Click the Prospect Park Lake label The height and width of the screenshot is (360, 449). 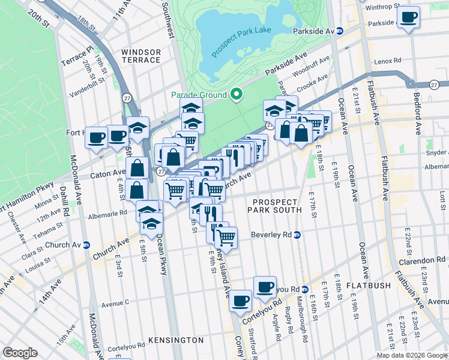click(241, 40)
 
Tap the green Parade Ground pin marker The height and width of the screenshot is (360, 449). click(237, 94)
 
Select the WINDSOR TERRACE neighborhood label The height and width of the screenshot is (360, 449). click(141, 56)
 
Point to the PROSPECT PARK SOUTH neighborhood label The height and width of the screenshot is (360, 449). click(277, 206)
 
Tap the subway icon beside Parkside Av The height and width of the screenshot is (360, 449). click(340, 31)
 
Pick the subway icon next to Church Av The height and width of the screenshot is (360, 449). click(86, 245)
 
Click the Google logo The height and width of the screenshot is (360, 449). click(20, 353)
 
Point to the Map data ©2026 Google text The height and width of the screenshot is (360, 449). click(411, 355)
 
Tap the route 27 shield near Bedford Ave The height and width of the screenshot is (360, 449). click(434, 85)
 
